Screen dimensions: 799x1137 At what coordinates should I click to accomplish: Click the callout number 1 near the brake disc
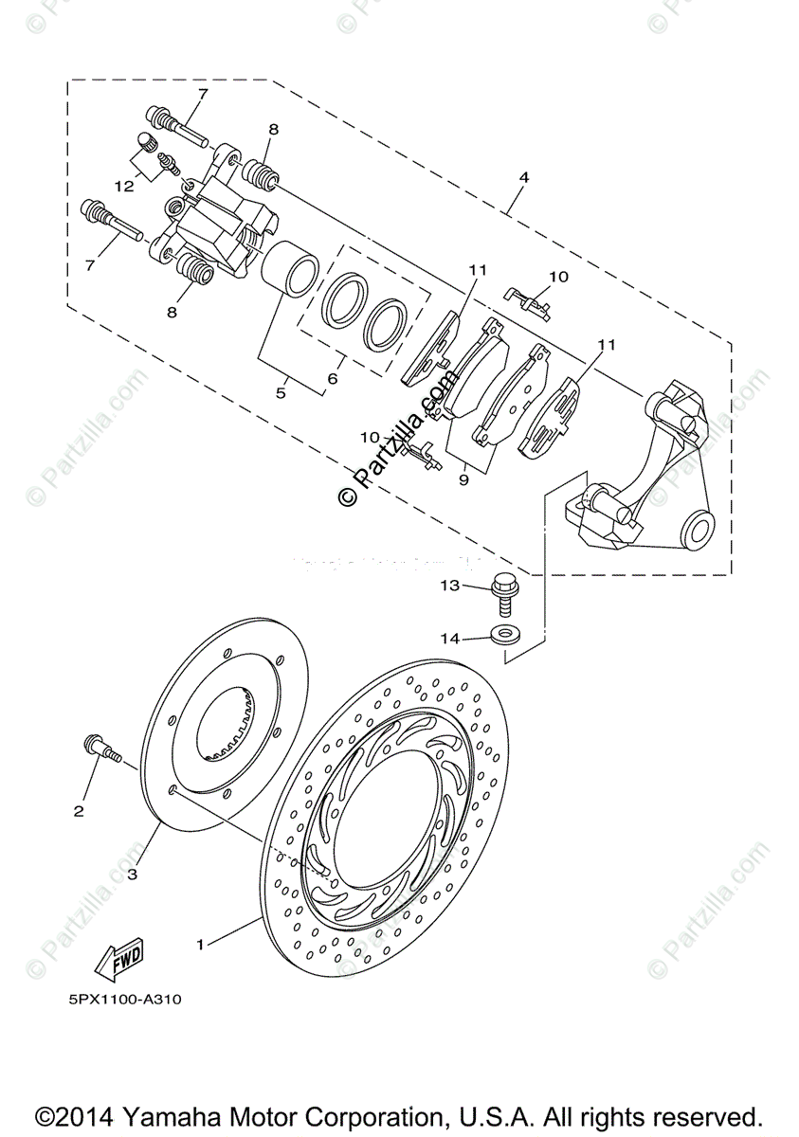pos(200,944)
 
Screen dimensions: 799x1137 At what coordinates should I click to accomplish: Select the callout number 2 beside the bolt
pos(79,810)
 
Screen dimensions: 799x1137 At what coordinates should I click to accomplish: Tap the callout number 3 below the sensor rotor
pos(132,873)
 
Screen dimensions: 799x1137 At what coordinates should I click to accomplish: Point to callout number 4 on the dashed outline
pos(523,177)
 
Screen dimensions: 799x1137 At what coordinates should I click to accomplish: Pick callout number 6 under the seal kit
pos(332,378)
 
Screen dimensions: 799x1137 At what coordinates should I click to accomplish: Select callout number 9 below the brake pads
pos(463,479)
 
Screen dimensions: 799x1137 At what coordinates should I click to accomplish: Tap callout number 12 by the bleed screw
pos(124,186)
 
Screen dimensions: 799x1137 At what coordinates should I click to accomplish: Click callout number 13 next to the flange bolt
pos(449,587)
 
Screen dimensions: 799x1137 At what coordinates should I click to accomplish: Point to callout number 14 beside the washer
pos(449,639)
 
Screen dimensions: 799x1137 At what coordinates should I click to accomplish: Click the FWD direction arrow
pos(118,963)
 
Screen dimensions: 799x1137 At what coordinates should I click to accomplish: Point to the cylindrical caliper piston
pos(288,266)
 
